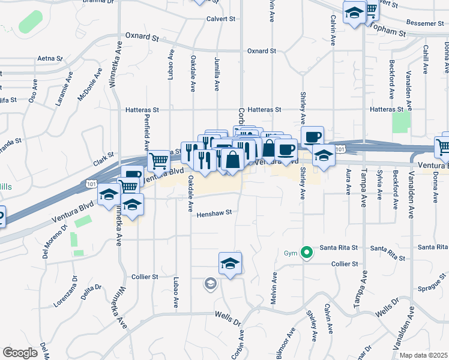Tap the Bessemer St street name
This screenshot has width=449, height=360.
424,23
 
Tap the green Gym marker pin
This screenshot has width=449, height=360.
307,253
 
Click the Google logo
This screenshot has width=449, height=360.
20,352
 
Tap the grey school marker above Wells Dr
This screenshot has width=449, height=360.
210,283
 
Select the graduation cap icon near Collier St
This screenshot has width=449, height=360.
230,263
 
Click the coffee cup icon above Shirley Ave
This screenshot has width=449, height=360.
313,136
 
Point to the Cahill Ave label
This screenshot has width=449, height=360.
425,59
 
